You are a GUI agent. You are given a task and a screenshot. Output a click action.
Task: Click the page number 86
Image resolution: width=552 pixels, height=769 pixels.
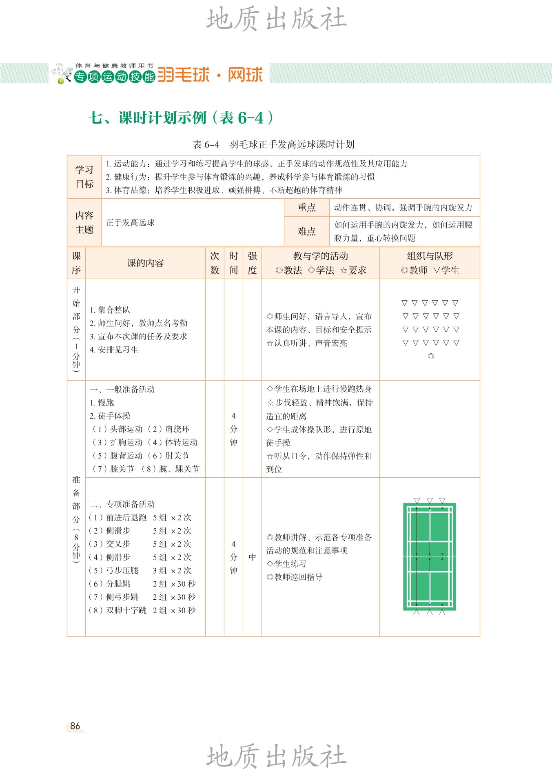pyautogui.click(x=75, y=726)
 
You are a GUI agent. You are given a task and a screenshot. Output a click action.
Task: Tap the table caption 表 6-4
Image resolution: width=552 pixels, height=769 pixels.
pyautogui.click(x=206, y=144)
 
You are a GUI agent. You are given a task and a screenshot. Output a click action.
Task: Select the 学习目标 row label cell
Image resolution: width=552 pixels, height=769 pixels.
pyautogui.click(x=84, y=177)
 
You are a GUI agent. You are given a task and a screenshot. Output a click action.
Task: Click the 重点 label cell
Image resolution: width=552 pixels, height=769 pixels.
pyautogui.click(x=306, y=208)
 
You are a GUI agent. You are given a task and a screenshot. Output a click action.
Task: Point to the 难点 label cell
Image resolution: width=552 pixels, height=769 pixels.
pyautogui.click(x=306, y=231)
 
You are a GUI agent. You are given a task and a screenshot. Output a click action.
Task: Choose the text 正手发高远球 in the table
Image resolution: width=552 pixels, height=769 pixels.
pyautogui.click(x=130, y=223)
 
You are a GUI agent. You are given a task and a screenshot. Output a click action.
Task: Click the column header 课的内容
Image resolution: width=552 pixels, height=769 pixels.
pyautogui.click(x=145, y=263)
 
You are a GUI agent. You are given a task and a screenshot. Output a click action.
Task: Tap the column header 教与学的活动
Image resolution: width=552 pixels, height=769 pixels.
pyautogui.click(x=320, y=256)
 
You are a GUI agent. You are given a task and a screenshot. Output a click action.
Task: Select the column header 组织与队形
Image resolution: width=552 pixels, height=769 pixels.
pyautogui.click(x=430, y=256)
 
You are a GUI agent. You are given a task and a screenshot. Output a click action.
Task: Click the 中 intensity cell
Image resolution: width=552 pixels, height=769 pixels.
pyautogui.click(x=252, y=557)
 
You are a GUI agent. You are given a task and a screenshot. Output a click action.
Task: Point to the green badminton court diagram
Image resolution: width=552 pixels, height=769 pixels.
pyautogui.click(x=429, y=557)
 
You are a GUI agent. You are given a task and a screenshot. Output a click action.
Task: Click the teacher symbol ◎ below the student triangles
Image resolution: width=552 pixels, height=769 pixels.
pyautogui.click(x=430, y=356)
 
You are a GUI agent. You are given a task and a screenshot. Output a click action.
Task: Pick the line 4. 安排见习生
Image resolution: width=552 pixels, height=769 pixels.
pyautogui.click(x=114, y=350)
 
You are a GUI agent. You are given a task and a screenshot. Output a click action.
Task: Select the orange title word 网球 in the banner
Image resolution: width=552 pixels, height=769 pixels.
pyautogui.click(x=245, y=75)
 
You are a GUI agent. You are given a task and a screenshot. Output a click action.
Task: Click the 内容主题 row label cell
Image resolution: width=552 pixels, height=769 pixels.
pyautogui.click(x=84, y=223)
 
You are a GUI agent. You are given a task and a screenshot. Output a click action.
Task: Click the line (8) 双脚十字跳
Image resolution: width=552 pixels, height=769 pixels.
pyautogui.click(x=118, y=610)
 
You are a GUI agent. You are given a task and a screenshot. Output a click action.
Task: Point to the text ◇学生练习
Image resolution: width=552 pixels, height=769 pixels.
pyautogui.click(x=286, y=564)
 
